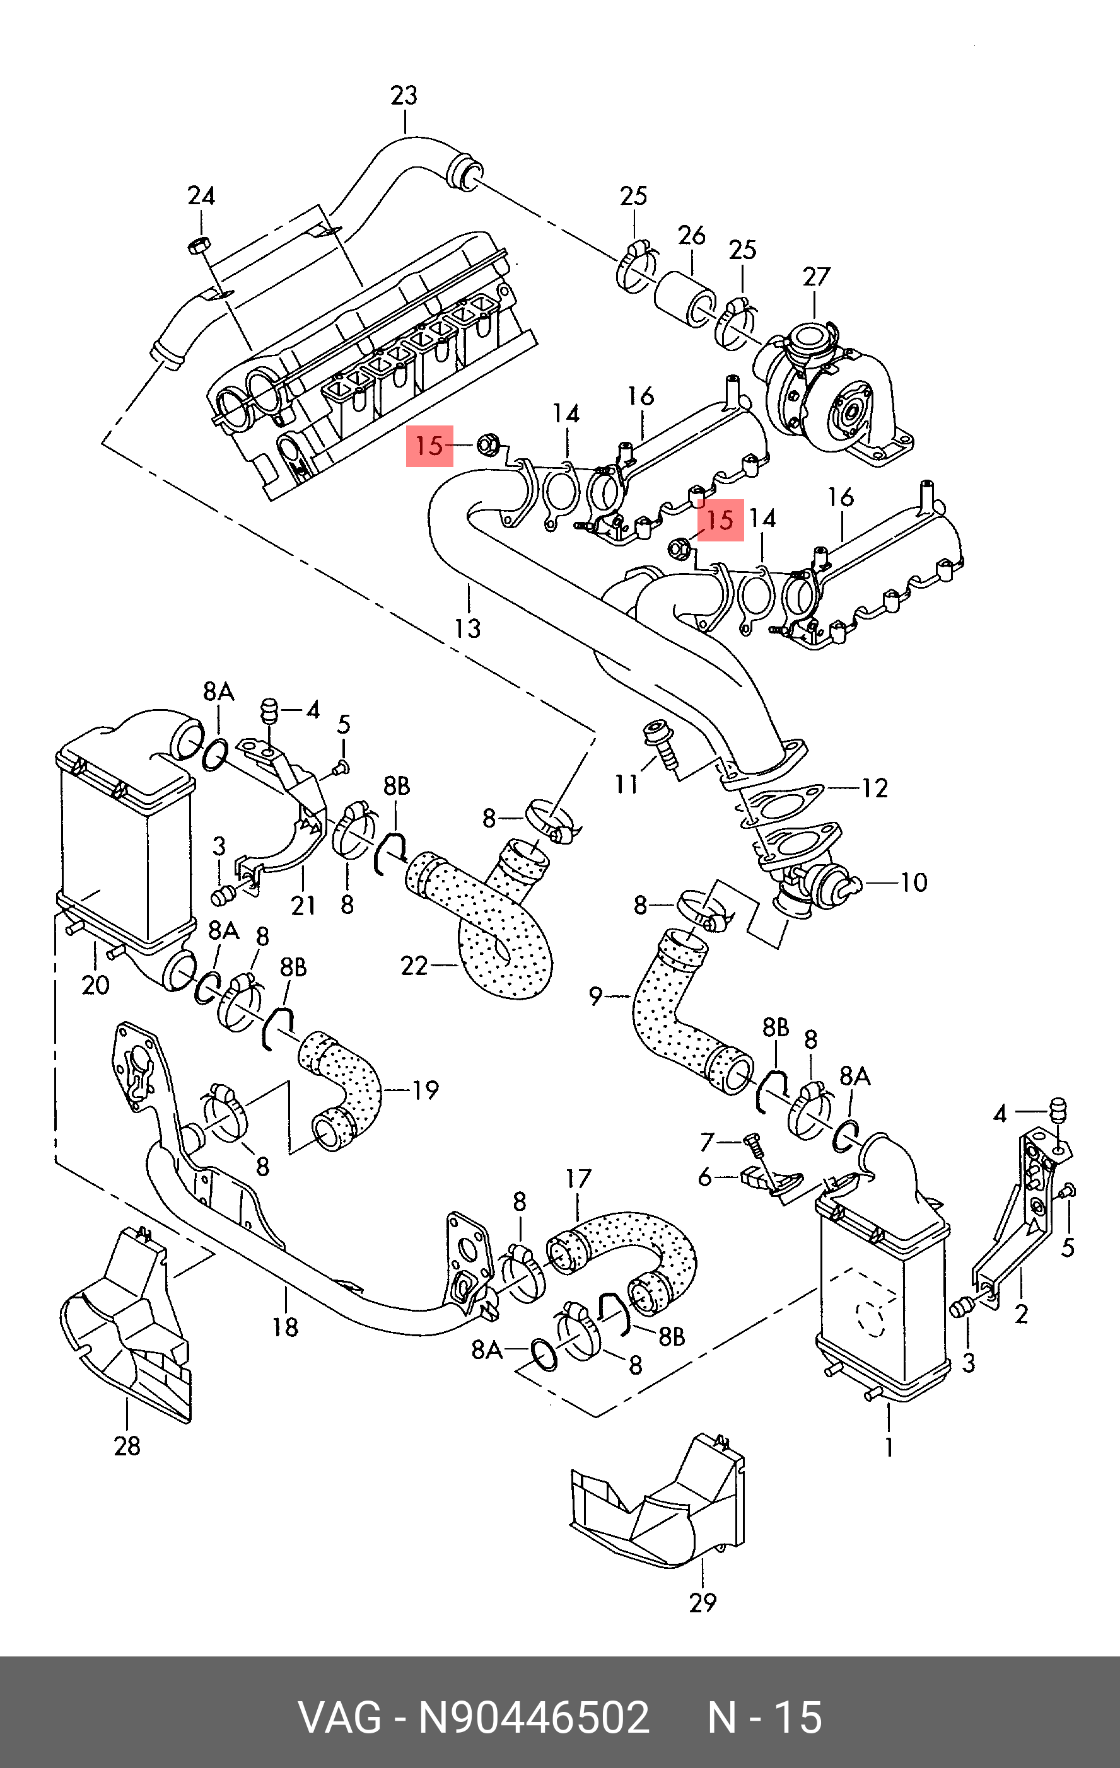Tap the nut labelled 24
point(197,246)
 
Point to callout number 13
point(468,628)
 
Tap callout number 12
point(875,788)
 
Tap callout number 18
point(285,1327)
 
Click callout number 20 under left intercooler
point(95,985)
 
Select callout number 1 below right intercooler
point(889,1447)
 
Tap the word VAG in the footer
point(339,1718)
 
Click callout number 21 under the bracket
point(303,905)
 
